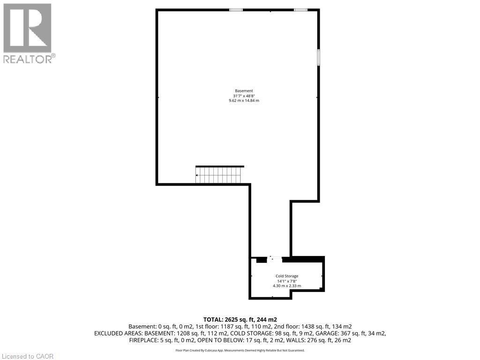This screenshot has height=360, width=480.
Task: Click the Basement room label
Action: tap(244, 90)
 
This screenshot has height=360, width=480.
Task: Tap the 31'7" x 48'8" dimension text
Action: tap(244, 96)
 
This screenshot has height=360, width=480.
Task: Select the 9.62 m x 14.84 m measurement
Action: tap(244, 101)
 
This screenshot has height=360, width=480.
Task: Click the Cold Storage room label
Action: tap(287, 276)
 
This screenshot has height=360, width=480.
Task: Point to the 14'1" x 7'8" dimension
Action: tap(287, 281)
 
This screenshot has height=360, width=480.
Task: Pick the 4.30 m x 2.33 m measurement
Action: tap(287, 285)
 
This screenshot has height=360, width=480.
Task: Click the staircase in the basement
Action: tap(218, 175)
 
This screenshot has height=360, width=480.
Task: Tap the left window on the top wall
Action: tap(236, 9)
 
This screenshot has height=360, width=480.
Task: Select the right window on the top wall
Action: tap(300, 9)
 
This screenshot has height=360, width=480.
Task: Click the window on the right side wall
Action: tap(318, 57)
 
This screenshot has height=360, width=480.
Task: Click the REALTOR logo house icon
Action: tap(27, 28)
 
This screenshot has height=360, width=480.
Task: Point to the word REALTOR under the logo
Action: tap(28, 59)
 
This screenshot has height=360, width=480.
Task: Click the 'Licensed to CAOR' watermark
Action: tap(27, 356)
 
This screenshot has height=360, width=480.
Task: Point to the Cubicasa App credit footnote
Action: tap(240, 350)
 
